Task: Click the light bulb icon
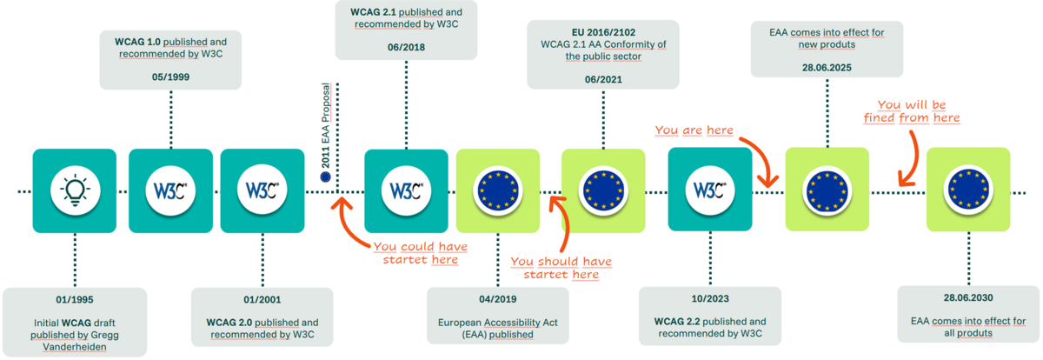click(x=75, y=190)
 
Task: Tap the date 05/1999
click(x=170, y=77)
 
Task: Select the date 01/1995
click(x=75, y=299)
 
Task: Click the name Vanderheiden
click(x=75, y=347)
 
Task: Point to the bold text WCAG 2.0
click(x=229, y=323)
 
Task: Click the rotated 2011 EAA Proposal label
click(x=325, y=126)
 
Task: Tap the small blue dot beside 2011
click(x=325, y=177)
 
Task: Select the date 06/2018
click(x=406, y=47)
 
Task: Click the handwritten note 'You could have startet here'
click(x=421, y=253)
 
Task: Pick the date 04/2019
click(x=498, y=299)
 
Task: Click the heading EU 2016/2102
click(x=603, y=32)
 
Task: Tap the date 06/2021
click(x=603, y=79)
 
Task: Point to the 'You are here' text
click(x=694, y=130)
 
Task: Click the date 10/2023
click(x=710, y=298)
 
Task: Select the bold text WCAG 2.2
click(x=677, y=322)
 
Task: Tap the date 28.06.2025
click(x=827, y=68)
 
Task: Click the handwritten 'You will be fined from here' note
click(x=912, y=111)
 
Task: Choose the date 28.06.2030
click(x=968, y=297)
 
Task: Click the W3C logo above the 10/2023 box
click(x=709, y=190)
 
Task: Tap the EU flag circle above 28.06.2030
click(x=968, y=190)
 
